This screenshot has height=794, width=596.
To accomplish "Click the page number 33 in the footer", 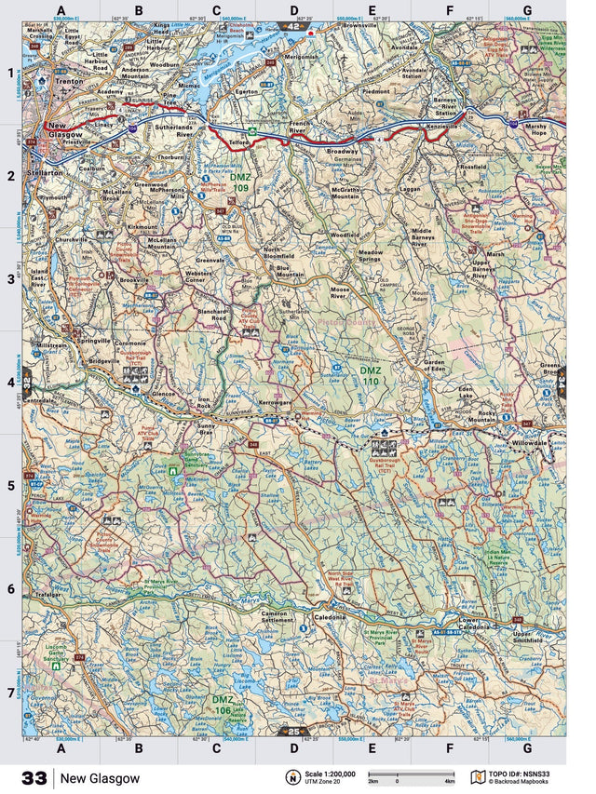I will tap(34, 777).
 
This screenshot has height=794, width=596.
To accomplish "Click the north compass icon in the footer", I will tap(292, 777).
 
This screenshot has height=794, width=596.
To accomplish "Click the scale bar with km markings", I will tap(411, 774).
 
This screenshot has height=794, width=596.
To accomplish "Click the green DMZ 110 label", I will tap(371, 375).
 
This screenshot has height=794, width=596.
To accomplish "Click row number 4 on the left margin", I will tap(11, 383).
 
